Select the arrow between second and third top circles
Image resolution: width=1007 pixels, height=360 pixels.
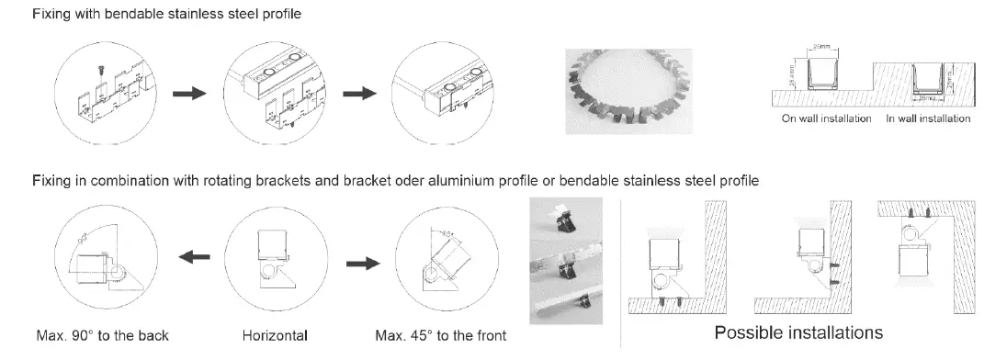[x=360, y=94]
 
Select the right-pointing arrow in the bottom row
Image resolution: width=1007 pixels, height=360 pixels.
[x=360, y=263]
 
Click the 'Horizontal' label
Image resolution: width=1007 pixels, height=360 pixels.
[x=275, y=334]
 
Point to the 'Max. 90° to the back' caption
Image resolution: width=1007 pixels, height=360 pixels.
[x=102, y=334]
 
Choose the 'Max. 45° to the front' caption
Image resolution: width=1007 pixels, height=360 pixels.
[x=440, y=334]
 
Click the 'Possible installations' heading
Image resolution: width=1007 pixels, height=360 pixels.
[x=798, y=332]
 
